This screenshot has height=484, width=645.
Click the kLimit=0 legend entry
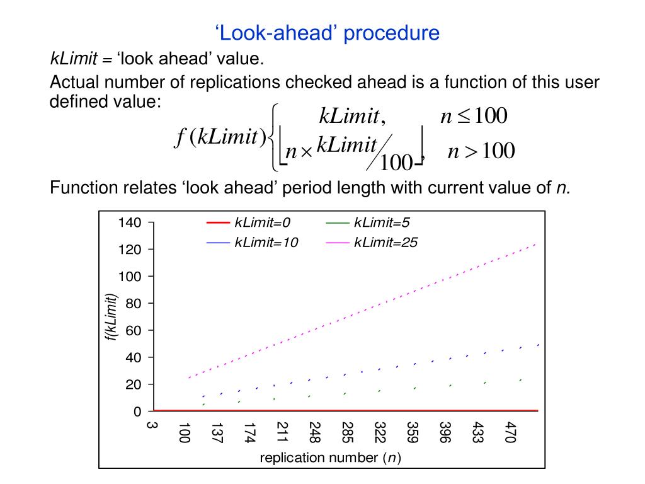pyautogui.click(x=261, y=222)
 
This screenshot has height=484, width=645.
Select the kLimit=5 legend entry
pyautogui.click(x=382, y=222)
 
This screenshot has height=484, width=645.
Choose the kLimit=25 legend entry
pyautogui.click(x=385, y=243)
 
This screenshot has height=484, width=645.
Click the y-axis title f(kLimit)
pyautogui.click(x=111, y=318)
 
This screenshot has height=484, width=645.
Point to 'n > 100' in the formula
pyautogui.click(x=481, y=151)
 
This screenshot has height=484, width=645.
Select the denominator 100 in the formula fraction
pyautogui.click(x=396, y=163)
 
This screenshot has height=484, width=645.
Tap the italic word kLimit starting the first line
pyautogui.click(x=73, y=59)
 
